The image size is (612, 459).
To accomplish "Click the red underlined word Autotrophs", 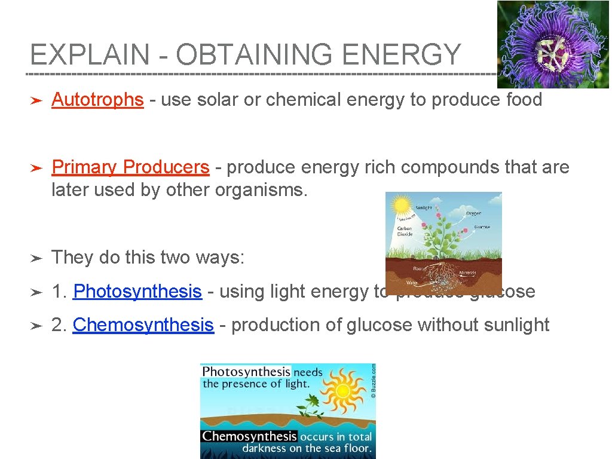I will pyautogui.click(x=97, y=100).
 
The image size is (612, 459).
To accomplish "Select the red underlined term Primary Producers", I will pyautogui.click(x=130, y=167).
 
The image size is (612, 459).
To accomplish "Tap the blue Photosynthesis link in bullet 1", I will pyautogui.click(x=137, y=292).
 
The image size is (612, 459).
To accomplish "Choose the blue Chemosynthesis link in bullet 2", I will pyautogui.click(x=143, y=325).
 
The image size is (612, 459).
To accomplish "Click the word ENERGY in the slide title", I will pyautogui.click(x=402, y=55).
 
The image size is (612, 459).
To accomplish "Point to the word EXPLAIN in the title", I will pyautogui.click(x=90, y=55).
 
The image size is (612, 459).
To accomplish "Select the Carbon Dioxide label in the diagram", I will pyautogui.click(x=405, y=231).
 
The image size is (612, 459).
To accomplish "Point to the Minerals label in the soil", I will pyautogui.click(x=467, y=272).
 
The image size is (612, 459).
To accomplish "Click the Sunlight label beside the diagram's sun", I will pyautogui.click(x=424, y=208).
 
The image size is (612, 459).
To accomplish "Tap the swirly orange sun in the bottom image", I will pyautogui.click(x=342, y=391).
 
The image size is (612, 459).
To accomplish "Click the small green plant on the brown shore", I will pyautogui.click(x=310, y=412).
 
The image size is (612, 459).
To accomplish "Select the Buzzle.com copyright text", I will pyautogui.click(x=372, y=381).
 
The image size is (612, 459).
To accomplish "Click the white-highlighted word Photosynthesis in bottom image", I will pyautogui.click(x=246, y=372).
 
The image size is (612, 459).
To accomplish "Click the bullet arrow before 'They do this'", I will pyautogui.click(x=36, y=258).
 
